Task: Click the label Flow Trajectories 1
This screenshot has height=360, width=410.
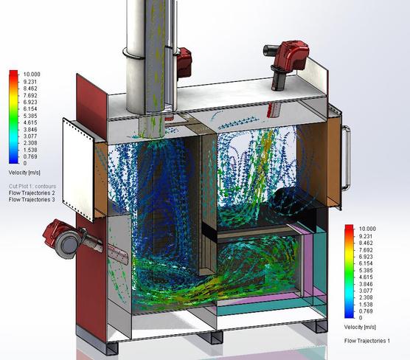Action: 366,341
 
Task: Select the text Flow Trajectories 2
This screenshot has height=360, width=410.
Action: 32,193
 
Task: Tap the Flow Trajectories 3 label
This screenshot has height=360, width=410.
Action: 32,200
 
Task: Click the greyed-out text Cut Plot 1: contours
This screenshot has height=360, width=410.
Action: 32,187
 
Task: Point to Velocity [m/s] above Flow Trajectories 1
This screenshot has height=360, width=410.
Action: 360,327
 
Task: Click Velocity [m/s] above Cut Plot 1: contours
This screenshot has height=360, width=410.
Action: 24,173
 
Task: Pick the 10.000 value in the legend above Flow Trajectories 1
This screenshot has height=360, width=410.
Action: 367,229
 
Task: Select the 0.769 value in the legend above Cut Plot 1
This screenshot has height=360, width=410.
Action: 30,156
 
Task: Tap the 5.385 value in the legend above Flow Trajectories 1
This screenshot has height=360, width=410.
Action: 366,270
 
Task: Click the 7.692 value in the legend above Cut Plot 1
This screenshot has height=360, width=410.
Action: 30,95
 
